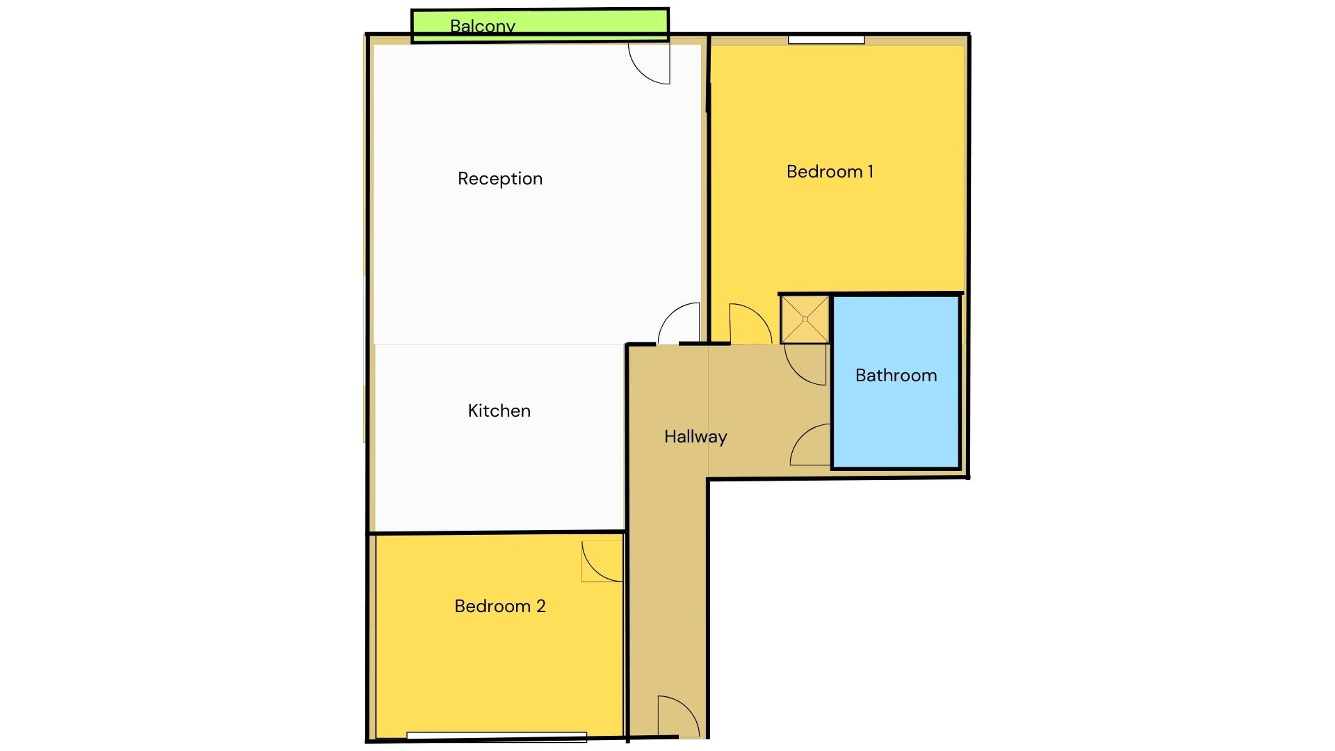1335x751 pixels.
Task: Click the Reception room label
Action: click(500, 179)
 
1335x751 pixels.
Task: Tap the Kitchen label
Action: click(499, 411)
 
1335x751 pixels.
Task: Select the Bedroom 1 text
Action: click(830, 171)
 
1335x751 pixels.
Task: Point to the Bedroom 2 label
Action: click(500, 606)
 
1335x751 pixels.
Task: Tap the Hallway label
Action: click(695, 437)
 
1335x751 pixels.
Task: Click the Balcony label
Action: click(483, 26)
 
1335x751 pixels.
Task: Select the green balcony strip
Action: click(540, 25)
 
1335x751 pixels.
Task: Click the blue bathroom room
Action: click(896, 382)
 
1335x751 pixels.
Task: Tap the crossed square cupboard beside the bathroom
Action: click(805, 319)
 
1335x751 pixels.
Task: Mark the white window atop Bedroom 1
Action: click(826, 39)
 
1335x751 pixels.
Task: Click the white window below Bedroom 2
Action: click(496, 736)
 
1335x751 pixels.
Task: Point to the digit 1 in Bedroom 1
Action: click(870, 171)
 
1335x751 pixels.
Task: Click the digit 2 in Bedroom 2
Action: click(541, 606)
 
